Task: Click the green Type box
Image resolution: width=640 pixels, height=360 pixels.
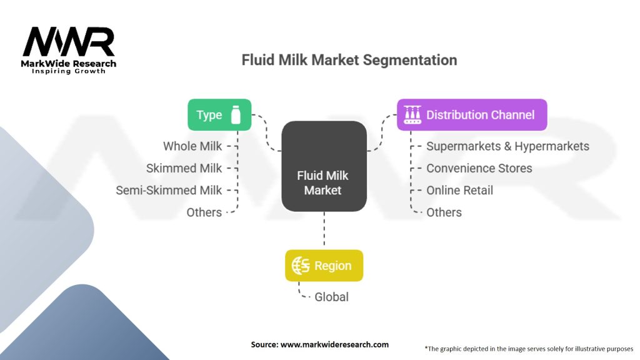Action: pos(219,115)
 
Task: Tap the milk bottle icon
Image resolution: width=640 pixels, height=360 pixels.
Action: pos(236,115)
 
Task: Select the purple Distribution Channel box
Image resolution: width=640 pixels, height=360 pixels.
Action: pos(472,115)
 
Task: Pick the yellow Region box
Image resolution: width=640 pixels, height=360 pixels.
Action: pos(324,266)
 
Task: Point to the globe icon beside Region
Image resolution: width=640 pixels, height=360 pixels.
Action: pos(301,266)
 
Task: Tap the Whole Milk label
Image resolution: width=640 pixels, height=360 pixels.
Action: pos(192,146)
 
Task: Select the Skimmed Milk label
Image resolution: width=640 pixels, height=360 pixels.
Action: pos(184,168)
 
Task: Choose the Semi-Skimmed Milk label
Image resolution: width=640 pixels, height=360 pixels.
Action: pos(169,190)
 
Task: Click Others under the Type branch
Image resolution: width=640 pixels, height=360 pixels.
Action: pos(204,212)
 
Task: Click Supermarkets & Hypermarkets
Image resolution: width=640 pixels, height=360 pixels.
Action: pos(507,146)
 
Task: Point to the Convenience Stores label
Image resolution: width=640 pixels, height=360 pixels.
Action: pos(479,168)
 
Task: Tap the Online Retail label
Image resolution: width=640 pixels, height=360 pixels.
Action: pos(459,190)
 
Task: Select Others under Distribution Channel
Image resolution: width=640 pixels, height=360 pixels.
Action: pos(444,212)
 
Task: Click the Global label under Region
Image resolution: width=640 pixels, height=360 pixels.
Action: pos(331,297)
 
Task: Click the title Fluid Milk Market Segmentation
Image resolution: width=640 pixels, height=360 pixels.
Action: pos(349,60)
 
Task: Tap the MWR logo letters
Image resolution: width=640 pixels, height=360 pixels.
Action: pos(69,42)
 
